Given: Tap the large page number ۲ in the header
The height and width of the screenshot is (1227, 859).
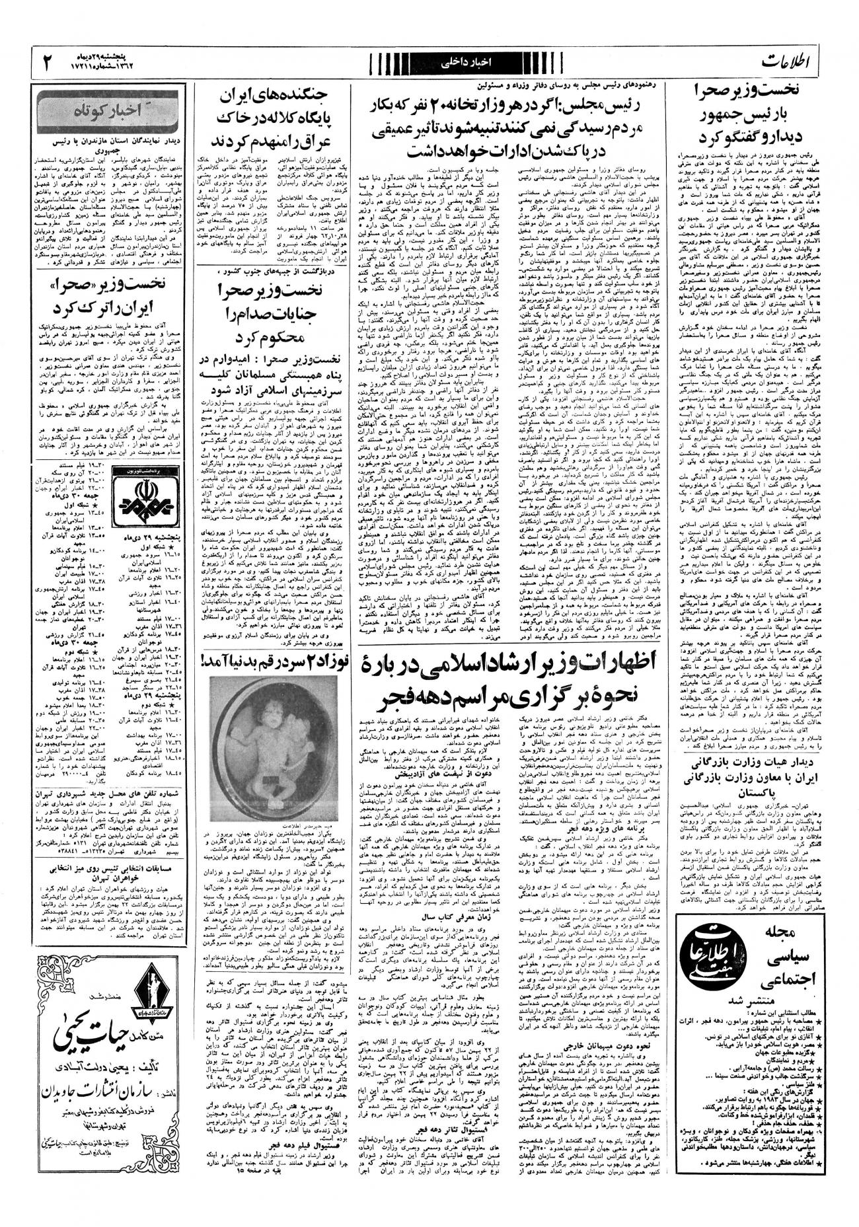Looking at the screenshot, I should tap(49, 63).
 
